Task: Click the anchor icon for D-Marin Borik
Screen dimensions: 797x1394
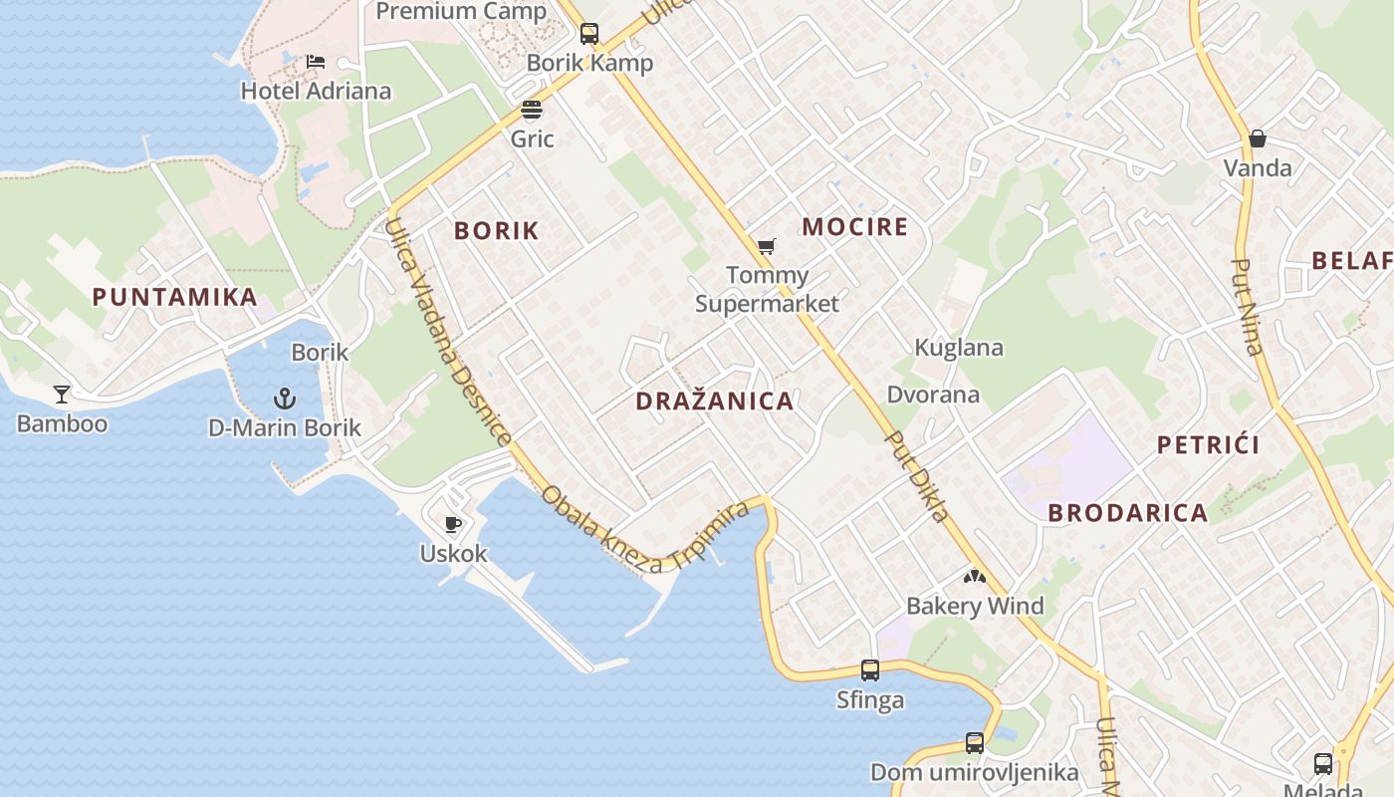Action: (285, 399)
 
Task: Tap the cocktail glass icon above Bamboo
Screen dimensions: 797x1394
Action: (62, 395)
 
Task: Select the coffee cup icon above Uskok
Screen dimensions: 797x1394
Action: (453, 524)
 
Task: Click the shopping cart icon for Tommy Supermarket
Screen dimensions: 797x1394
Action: (766, 246)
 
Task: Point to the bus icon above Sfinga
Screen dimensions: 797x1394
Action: (870, 670)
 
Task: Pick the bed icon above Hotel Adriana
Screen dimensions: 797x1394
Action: (316, 62)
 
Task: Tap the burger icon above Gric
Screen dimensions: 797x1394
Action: (532, 109)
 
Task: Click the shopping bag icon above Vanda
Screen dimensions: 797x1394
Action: (1258, 138)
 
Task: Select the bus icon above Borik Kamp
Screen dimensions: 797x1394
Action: (589, 34)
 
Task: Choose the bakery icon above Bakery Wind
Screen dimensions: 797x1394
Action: (974, 577)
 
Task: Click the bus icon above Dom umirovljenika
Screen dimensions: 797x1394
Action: (974, 743)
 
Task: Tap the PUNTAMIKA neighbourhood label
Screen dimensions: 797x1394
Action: (175, 297)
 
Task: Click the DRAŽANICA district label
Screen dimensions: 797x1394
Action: (715, 401)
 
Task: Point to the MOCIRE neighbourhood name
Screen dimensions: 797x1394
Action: (855, 227)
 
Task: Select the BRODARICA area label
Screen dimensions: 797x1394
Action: (1128, 513)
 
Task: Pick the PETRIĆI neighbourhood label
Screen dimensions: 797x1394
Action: (1209, 444)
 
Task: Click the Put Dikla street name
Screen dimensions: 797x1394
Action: (917, 476)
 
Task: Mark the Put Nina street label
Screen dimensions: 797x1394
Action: (1248, 307)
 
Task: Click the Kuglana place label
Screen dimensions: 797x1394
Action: (959, 348)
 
